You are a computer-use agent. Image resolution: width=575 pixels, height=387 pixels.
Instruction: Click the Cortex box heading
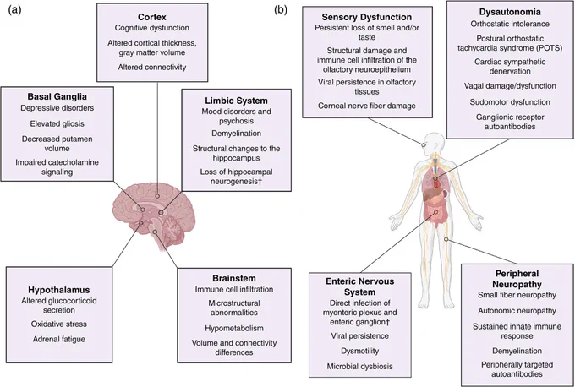coord(152,17)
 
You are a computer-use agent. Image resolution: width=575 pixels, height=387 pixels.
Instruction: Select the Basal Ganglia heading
coord(57,96)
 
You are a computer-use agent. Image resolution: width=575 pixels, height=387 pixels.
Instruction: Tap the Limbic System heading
coord(236,101)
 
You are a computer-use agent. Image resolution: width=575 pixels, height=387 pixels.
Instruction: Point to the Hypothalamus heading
coord(59,290)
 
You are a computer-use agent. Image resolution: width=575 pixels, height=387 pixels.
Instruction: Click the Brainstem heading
coord(234,278)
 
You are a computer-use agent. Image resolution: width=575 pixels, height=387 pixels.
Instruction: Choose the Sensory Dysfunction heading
coord(367,17)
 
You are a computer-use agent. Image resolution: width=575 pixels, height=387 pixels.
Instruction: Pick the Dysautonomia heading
coord(510,12)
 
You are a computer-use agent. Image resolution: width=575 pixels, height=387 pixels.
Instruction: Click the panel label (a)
coord(14,10)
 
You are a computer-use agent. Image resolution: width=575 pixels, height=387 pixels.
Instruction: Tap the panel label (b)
coord(281,10)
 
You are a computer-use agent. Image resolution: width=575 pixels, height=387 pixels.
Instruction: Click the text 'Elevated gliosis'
coord(57,124)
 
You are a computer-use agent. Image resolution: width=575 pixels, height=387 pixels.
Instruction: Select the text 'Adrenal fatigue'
coord(59,340)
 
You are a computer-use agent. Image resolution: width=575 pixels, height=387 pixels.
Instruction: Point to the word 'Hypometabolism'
coord(234,328)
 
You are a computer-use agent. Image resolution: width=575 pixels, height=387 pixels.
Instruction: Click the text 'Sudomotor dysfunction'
coord(510,102)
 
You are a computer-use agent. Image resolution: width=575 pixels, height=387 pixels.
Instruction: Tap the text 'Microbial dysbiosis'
coord(359,367)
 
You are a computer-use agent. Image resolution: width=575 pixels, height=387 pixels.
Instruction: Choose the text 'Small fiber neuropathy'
coord(517,295)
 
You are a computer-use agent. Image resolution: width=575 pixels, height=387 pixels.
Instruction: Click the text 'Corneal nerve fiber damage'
coord(367,106)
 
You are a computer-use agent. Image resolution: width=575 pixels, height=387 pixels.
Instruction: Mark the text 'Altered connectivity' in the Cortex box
coord(152,68)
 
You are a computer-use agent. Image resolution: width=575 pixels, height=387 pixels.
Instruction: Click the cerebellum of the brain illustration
coord(173,231)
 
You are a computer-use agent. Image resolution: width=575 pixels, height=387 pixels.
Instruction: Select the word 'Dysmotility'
coord(359,351)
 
